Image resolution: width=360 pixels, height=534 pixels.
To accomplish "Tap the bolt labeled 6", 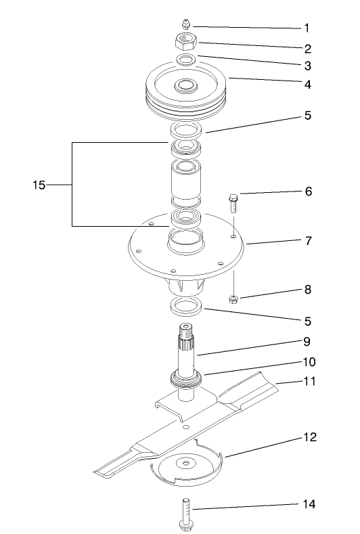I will click(233, 202).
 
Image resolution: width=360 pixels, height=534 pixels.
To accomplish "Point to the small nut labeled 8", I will click(233, 298).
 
